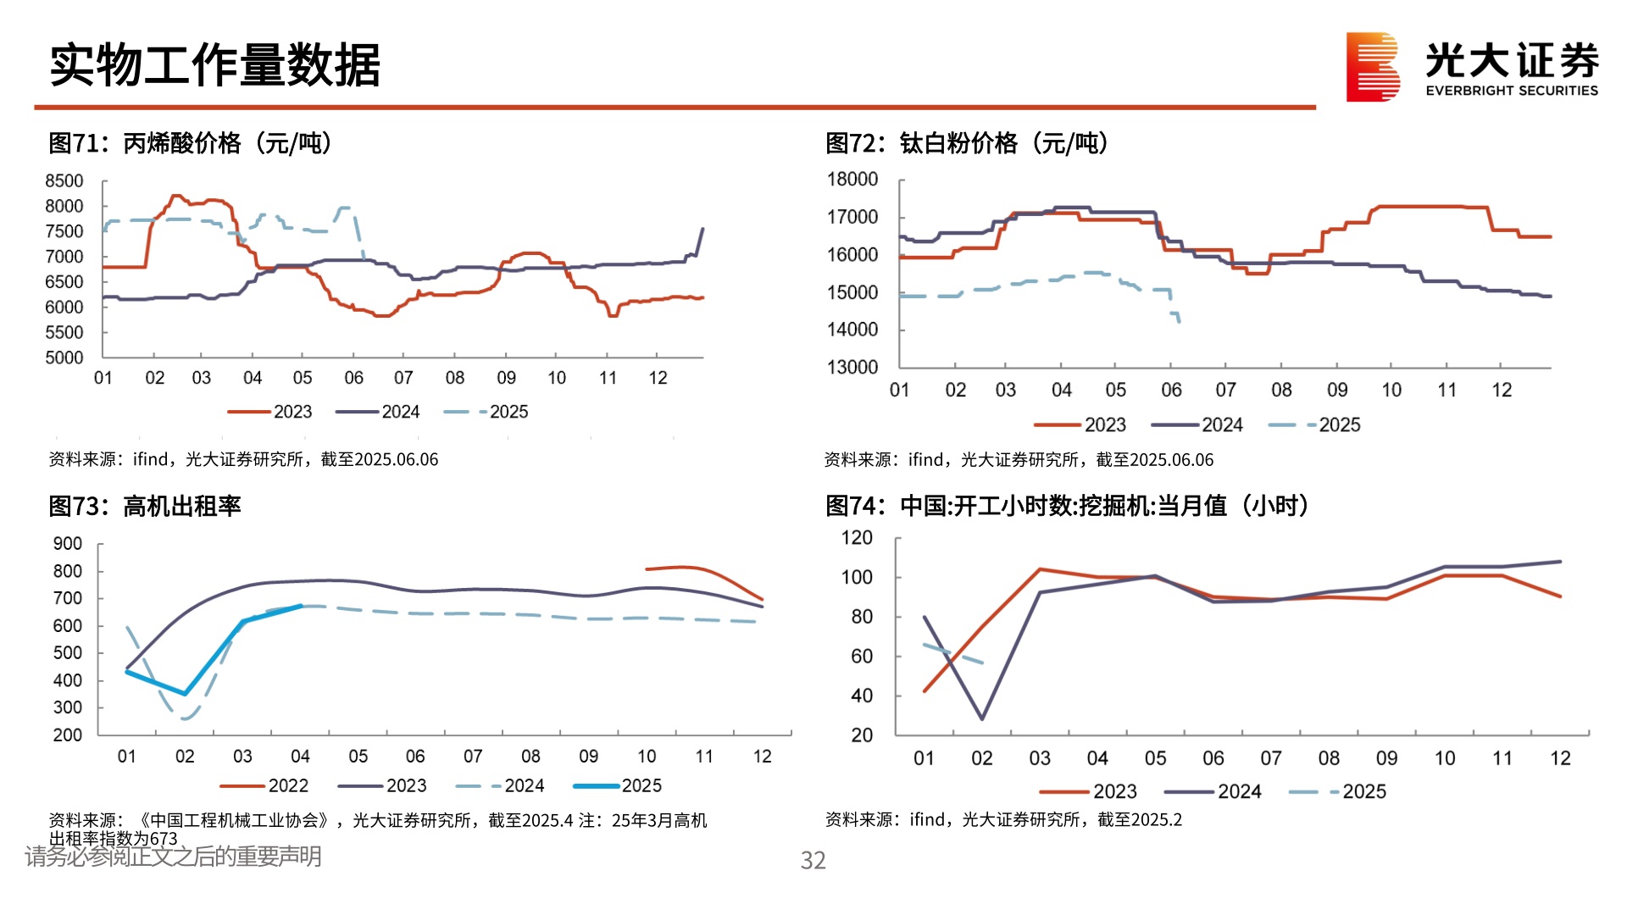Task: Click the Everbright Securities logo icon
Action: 1373,67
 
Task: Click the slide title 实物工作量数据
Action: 215,65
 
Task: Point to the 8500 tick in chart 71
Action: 64,181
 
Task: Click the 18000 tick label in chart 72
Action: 852,180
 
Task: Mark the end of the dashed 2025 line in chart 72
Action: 1179,321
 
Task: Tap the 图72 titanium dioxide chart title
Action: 967,143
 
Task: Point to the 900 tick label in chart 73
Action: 68,544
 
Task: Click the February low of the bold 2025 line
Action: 185,694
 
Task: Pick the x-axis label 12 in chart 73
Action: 762,756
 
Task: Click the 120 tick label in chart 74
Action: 857,538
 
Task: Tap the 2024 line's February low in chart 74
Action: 982,719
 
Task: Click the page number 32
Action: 813,861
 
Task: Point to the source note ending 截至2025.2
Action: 1003,819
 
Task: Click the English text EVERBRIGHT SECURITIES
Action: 1512,91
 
